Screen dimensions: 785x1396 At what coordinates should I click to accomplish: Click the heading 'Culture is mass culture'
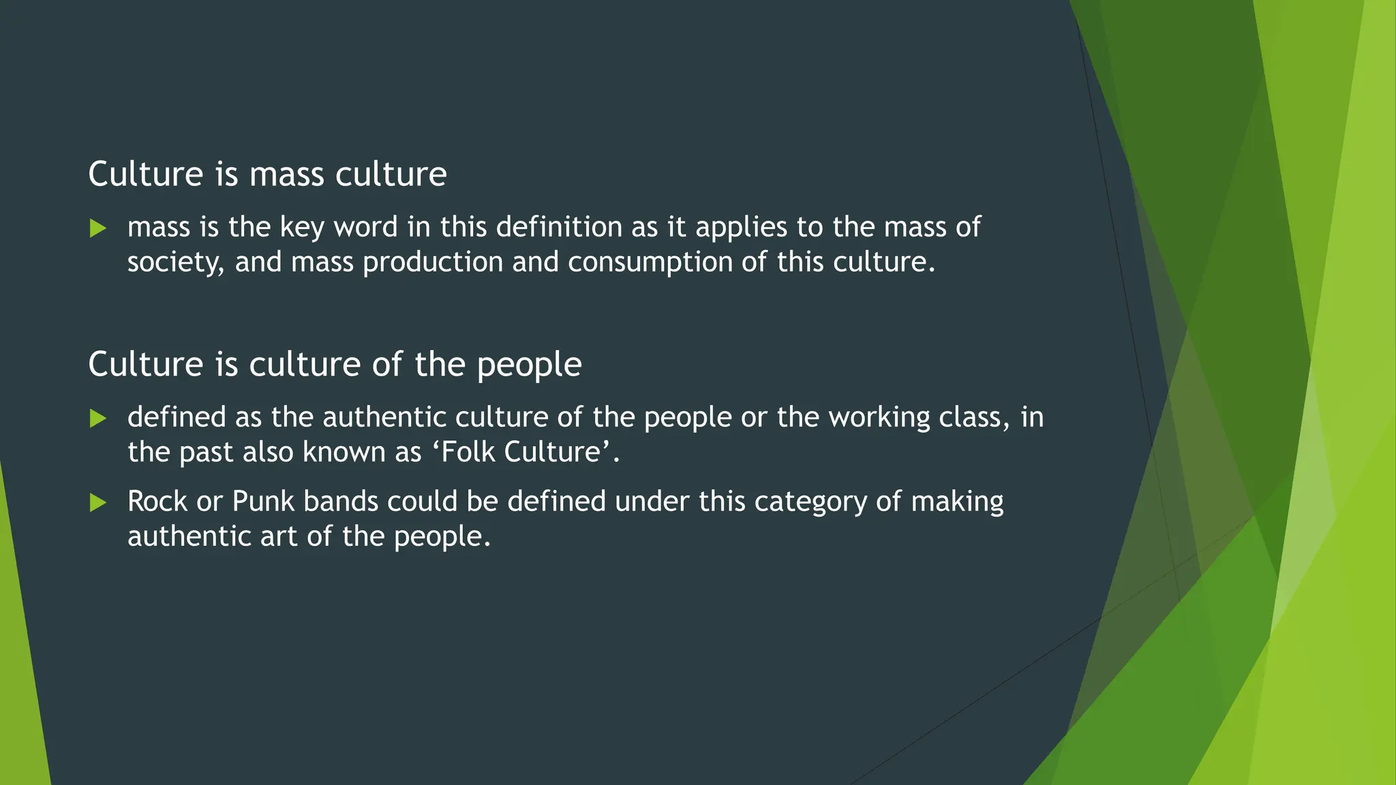click(x=267, y=174)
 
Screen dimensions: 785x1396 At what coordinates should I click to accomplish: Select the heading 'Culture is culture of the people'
click(x=335, y=365)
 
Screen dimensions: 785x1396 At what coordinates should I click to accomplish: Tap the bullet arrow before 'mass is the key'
click(x=98, y=228)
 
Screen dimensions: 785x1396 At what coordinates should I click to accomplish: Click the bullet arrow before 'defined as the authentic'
click(x=98, y=418)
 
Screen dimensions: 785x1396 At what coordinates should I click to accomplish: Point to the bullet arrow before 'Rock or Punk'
click(x=98, y=503)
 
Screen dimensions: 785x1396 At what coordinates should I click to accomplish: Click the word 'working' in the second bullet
click(x=879, y=417)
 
